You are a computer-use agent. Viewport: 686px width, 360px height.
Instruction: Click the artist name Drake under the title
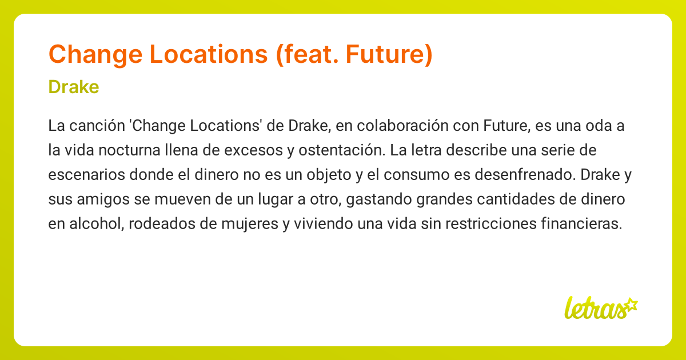(x=74, y=87)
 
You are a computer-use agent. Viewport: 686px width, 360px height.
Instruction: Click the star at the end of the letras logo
(x=631, y=304)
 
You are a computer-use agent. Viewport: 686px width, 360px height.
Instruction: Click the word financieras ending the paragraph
(x=580, y=223)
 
